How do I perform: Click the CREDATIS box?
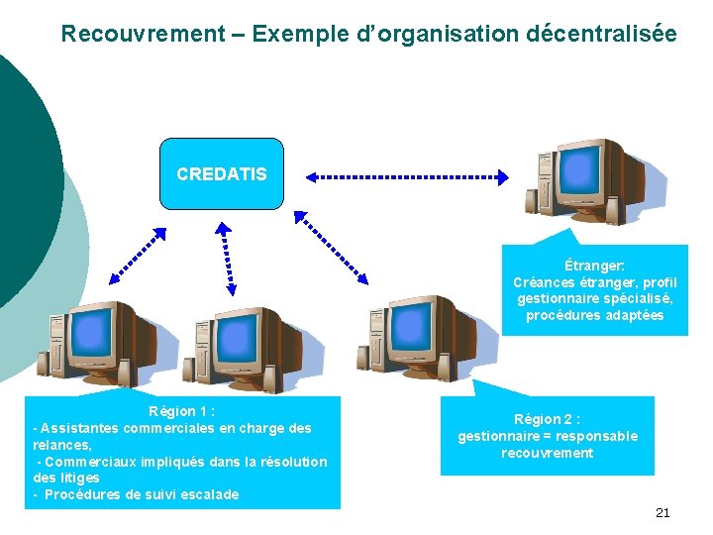click(x=222, y=174)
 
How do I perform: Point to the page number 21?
click(x=662, y=512)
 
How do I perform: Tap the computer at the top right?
click(x=579, y=183)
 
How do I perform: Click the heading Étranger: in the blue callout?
click(x=594, y=266)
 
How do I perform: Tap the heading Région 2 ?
click(x=547, y=419)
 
